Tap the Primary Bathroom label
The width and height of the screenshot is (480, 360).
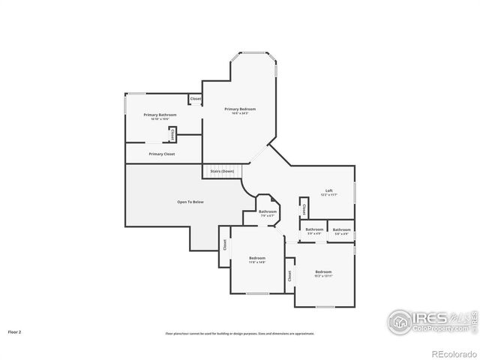(x=160, y=115)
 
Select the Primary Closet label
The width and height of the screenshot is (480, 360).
(x=161, y=154)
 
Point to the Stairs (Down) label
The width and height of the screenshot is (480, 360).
(x=222, y=171)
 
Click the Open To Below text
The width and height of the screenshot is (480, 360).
(x=190, y=202)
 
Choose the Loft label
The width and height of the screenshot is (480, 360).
(x=328, y=190)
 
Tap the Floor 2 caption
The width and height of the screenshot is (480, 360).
(x=14, y=331)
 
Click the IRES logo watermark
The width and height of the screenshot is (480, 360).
(x=428, y=321)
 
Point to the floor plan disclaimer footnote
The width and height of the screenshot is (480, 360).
(x=239, y=333)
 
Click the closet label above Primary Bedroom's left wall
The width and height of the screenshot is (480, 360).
(x=195, y=99)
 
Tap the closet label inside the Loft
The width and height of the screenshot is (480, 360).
(x=304, y=208)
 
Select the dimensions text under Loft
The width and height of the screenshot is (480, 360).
(x=328, y=195)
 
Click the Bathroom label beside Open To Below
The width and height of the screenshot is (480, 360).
(x=268, y=211)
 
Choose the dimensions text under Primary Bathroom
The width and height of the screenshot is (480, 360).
(x=160, y=119)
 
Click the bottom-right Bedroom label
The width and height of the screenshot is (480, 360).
(x=323, y=271)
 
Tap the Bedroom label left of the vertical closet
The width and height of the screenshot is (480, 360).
(x=257, y=258)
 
